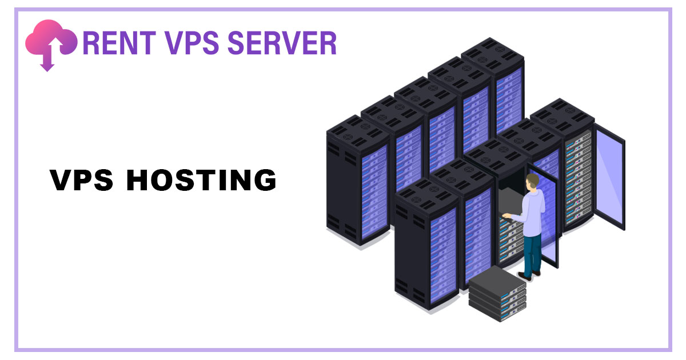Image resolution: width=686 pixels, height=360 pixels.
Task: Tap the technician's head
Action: pyautogui.click(x=532, y=182)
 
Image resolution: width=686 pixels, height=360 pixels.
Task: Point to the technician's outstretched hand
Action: pyautogui.click(x=505, y=215)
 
